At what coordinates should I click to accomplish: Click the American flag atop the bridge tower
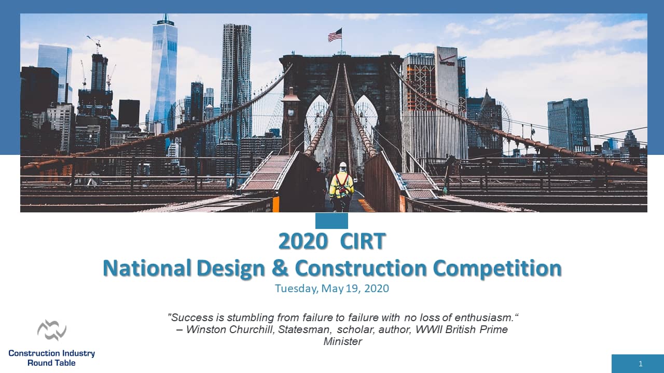(x=335, y=35)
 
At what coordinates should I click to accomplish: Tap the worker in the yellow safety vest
(x=341, y=187)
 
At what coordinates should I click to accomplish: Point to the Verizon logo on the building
(x=447, y=60)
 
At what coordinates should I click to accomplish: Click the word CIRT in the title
(x=363, y=241)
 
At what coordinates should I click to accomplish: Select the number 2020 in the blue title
(x=303, y=241)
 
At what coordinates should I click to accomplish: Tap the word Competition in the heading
(x=497, y=268)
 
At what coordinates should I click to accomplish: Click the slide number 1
(x=641, y=364)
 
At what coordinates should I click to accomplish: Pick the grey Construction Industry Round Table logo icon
(x=52, y=330)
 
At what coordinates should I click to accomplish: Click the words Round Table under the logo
(x=51, y=363)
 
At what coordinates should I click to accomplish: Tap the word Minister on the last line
(x=342, y=341)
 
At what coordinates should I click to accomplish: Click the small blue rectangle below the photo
(x=331, y=221)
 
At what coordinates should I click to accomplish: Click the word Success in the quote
(x=189, y=317)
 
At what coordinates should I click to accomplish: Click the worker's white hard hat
(x=342, y=165)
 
